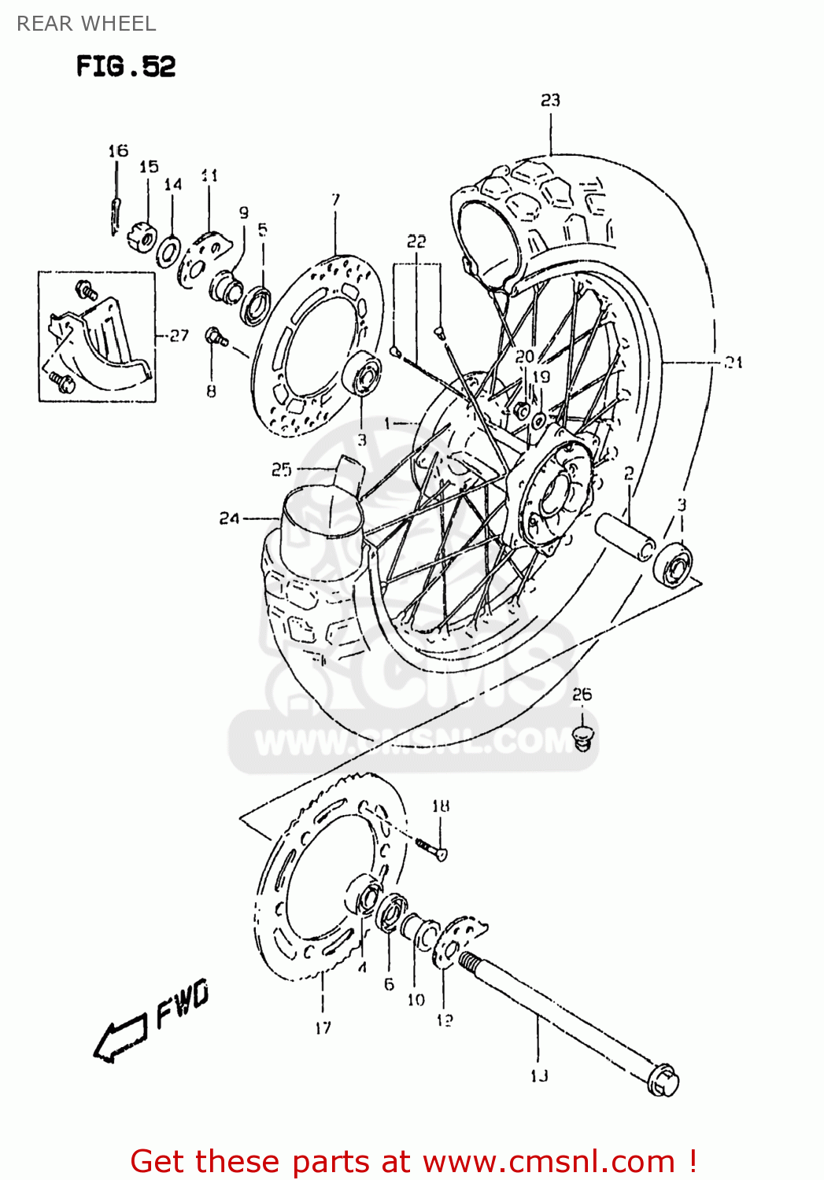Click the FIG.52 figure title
(x=126, y=67)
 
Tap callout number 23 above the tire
(x=550, y=100)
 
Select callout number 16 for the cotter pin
(x=118, y=150)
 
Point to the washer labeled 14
(x=168, y=252)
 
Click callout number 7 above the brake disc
(x=335, y=199)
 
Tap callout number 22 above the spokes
(x=416, y=242)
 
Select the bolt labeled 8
(x=215, y=337)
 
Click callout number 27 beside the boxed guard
(x=179, y=335)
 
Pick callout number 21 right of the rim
(x=733, y=363)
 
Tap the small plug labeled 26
(x=582, y=738)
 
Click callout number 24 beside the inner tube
(x=229, y=518)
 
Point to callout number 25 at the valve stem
(x=281, y=470)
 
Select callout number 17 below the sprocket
(x=323, y=1027)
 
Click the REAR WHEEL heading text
(x=87, y=24)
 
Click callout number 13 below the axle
(x=539, y=1075)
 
